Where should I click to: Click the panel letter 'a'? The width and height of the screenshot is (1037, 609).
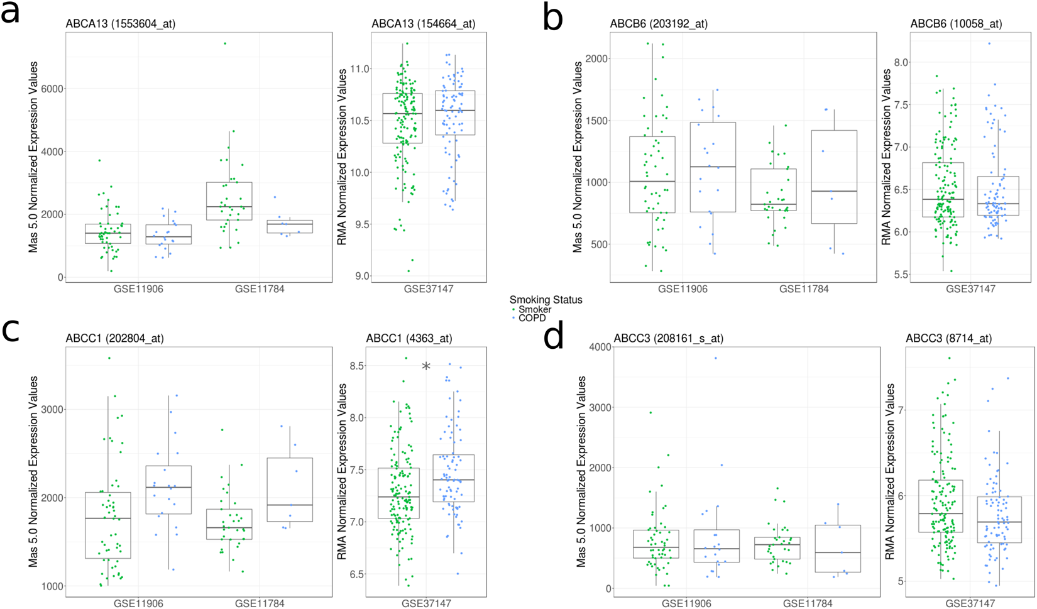(x=11, y=13)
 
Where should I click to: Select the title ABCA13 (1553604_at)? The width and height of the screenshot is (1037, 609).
(x=120, y=24)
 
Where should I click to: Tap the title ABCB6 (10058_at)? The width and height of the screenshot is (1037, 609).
(x=956, y=24)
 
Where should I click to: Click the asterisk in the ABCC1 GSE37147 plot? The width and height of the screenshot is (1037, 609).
(x=426, y=367)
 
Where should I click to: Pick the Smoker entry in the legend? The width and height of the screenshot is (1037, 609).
(x=534, y=309)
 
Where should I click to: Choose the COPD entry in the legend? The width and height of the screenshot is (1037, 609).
(x=532, y=318)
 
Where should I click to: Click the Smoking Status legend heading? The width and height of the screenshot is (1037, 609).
(x=546, y=300)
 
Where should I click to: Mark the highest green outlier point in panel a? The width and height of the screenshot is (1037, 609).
(x=225, y=43)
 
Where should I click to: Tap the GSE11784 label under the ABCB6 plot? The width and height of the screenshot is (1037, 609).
(x=804, y=289)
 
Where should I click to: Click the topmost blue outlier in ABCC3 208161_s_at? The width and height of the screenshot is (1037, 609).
(x=715, y=358)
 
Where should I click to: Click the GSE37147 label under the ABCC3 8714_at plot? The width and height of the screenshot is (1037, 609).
(x=970, y=603)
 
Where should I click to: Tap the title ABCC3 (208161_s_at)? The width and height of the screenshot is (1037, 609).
(x=668, y=338)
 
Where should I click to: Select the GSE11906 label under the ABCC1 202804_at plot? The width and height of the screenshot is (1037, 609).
(x=138, y=603)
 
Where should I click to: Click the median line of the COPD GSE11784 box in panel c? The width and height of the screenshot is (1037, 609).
(x=290, y=505)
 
